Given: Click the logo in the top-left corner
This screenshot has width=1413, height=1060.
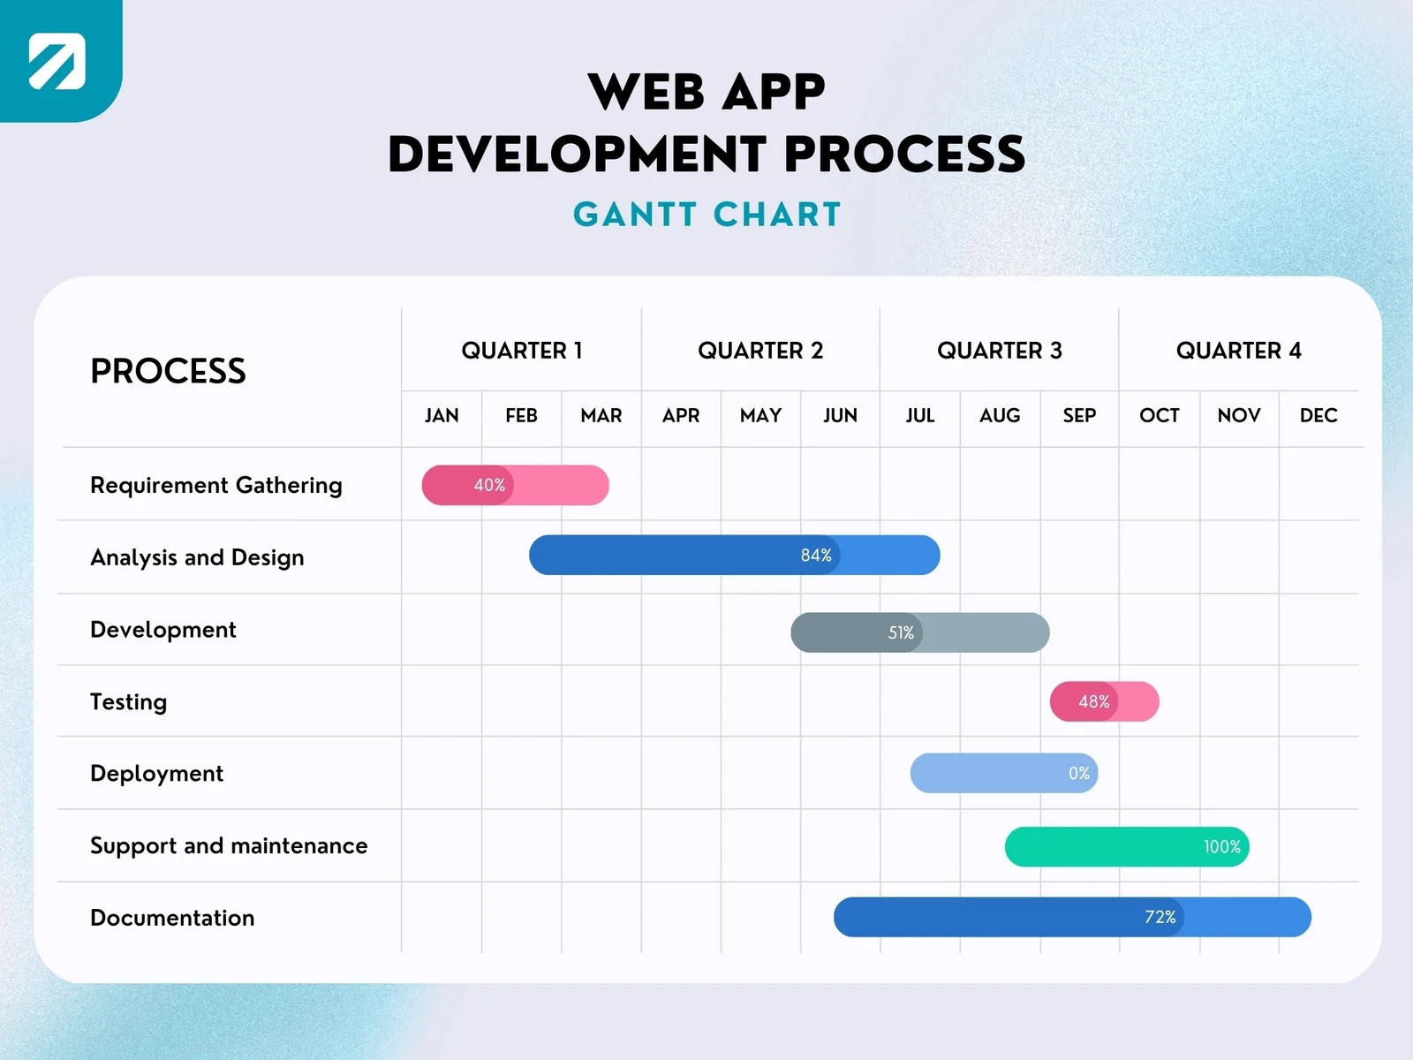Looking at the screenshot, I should [57, 60].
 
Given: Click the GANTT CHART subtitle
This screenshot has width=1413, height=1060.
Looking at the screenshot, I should [706, 215].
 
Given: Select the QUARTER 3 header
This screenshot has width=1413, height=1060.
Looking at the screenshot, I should [999, 351].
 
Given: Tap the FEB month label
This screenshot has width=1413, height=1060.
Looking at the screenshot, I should [521, 415].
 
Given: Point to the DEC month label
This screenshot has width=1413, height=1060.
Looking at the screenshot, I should [1318, 415].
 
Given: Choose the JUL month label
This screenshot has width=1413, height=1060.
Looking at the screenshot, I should [919, 415].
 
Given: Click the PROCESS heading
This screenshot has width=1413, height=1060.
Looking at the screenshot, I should [168, 371].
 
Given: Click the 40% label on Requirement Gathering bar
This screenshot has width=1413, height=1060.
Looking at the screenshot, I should [489, 485].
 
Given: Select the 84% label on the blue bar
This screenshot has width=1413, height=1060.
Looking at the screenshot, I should [816, 555].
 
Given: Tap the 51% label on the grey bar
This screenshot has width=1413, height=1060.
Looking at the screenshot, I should [901, 632].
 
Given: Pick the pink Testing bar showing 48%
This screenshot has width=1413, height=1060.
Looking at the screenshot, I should [1104, 701].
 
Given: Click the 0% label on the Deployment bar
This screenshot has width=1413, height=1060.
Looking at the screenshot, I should [1078, 773].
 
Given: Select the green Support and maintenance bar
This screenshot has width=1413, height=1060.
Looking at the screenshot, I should [1126, 846].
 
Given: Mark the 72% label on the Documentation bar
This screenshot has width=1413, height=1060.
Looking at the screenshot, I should [1160, 917].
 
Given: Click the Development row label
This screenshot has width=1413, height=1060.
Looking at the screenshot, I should [163, 630].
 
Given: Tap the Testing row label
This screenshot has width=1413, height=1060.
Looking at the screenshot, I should [128, 701].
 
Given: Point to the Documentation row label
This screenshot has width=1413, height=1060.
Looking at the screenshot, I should [172, 918].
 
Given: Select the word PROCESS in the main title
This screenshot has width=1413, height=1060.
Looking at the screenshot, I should [903, 155].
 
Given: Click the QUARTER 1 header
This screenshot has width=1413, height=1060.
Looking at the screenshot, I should [521, 351].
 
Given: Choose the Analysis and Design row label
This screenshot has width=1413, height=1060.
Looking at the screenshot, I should [197, 557].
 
